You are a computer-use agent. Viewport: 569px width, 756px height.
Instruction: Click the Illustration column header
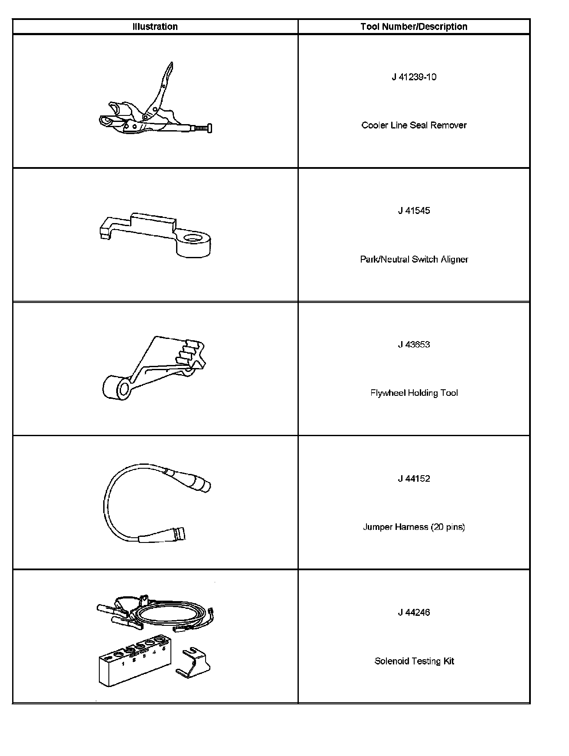point(155,27)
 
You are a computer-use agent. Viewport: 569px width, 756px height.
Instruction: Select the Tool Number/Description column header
point(414,27)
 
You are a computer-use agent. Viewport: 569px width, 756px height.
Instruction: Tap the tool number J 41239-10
point(414,77)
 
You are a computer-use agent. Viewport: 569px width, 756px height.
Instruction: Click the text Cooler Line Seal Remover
point(414,125)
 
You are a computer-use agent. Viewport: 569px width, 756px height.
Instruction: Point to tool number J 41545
point(414,211)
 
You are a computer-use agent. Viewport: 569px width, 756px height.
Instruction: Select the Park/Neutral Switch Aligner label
point(414,260)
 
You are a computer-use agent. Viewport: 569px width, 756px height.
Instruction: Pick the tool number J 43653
point(414,345)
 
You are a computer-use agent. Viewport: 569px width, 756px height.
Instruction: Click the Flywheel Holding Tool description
point(414,393)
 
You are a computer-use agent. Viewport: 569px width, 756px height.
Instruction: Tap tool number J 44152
point(414,479)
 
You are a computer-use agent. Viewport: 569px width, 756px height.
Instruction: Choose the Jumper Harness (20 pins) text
point(414,527)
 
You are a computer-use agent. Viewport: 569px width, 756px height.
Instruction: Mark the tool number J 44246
point(414,613)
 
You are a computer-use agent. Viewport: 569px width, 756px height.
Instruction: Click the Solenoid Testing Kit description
point(414,661)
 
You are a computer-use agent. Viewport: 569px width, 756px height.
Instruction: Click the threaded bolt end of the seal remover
point(203,128)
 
